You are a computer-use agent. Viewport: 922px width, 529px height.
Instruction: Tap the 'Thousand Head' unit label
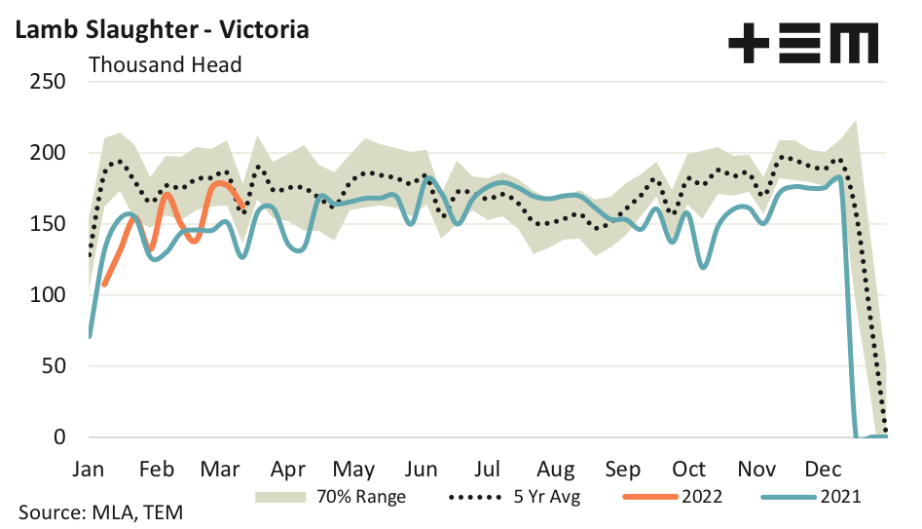point(165,65)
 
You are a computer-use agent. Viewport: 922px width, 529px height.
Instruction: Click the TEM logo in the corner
point(803,43)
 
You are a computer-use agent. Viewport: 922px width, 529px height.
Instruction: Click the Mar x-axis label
point(220,469)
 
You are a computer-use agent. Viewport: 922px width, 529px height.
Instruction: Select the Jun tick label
point(421,469)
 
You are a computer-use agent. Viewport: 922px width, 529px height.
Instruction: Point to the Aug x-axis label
point(556,469)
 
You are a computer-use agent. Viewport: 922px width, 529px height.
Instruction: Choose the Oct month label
point(689,469)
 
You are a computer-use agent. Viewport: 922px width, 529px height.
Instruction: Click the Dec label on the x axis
point(823,469)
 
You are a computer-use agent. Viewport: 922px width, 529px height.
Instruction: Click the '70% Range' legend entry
point(331,496)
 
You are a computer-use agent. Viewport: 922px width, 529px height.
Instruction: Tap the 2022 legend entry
point(672,496)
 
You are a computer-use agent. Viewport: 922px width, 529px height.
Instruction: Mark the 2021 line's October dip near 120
point(704,266)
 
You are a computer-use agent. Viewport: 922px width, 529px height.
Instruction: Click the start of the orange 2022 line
point(104,284)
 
